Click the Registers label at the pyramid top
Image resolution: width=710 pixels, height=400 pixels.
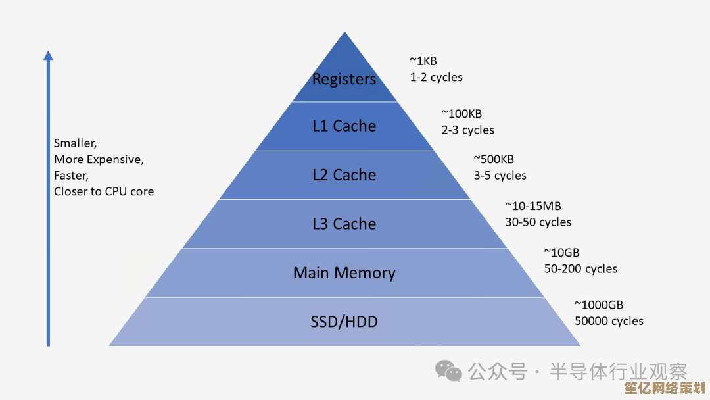tap(344, 80)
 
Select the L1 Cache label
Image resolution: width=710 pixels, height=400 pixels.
tap(344, 126)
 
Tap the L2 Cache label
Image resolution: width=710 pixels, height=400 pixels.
tap(344, 175)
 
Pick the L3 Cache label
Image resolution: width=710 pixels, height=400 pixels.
tap(344, 224)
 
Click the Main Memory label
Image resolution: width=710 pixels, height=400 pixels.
tap(344, 273)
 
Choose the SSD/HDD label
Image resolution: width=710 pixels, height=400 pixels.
tap(344, 322)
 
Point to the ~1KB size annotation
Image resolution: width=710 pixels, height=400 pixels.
tap(423, 61)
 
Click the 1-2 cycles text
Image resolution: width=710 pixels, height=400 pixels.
tap(436, 78)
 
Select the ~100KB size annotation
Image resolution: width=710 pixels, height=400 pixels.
tap(461, 114)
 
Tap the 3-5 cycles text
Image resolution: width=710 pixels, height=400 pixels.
tap(500, 176)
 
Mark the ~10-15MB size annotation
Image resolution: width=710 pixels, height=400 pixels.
tap(533, 206)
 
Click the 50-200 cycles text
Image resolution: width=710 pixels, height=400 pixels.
tap(580, 268)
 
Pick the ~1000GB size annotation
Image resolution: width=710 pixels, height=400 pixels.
tap(599, 305)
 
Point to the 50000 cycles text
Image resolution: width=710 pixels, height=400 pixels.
tap(609, 321)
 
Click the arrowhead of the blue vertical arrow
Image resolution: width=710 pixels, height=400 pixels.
tap(48, 55)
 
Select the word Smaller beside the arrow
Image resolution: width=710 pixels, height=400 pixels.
tap(75, 143)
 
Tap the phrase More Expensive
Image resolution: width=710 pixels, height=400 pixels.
tap(99, 159)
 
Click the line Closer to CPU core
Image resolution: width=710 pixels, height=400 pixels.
tap(104, 192)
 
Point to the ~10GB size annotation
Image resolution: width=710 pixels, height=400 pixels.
tap(561, 252)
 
